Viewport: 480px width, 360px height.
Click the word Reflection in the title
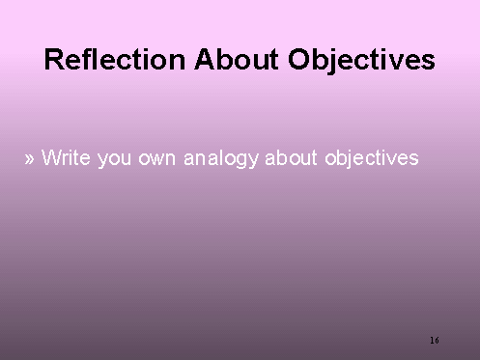point(115,59)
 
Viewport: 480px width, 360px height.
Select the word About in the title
point(237,59)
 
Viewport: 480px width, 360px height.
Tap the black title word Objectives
point(361,62)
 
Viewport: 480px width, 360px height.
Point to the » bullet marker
point(29,158)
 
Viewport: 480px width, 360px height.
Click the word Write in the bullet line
point(66,157)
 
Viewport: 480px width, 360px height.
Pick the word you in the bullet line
point(114,159)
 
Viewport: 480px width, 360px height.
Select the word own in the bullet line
point(156,159)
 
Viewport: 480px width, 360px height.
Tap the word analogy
point(221,158)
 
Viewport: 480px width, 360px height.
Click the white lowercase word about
point(291,157)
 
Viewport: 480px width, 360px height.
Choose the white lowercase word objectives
point(372,158)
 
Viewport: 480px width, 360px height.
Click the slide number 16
point(435,340)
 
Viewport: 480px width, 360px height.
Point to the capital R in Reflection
point(53,59)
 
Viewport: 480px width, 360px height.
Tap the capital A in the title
point(205,59)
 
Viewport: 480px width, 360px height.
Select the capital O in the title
point(298,59)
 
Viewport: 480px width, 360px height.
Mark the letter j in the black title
point(333,62)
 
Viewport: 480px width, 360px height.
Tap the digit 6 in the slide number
point(437,340)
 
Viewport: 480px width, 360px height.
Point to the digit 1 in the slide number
point(432,340)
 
